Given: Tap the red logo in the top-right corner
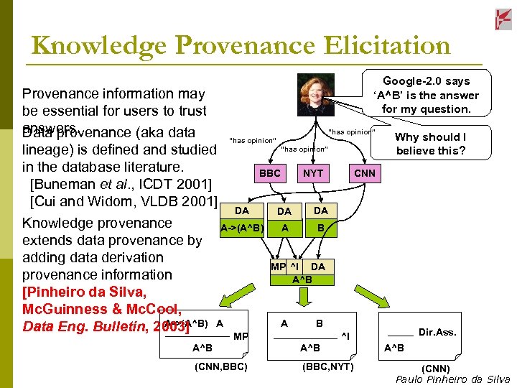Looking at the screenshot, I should click(x=503, y=19).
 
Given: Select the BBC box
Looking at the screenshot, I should click(x=270, y=173).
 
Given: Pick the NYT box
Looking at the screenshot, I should click(x=313, y=173).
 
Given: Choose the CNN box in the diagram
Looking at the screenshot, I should click(x=364, y=173).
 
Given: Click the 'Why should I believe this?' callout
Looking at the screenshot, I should click(x=430, y=144).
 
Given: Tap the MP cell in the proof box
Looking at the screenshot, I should click(x=278, y=267).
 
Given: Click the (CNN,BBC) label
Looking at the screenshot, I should click(x=221, y=367).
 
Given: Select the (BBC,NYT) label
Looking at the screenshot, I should click(x=327, y=367).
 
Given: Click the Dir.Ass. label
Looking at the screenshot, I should click(x=437, y=332).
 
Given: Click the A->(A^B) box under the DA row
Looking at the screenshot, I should click(x=242, y=228).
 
